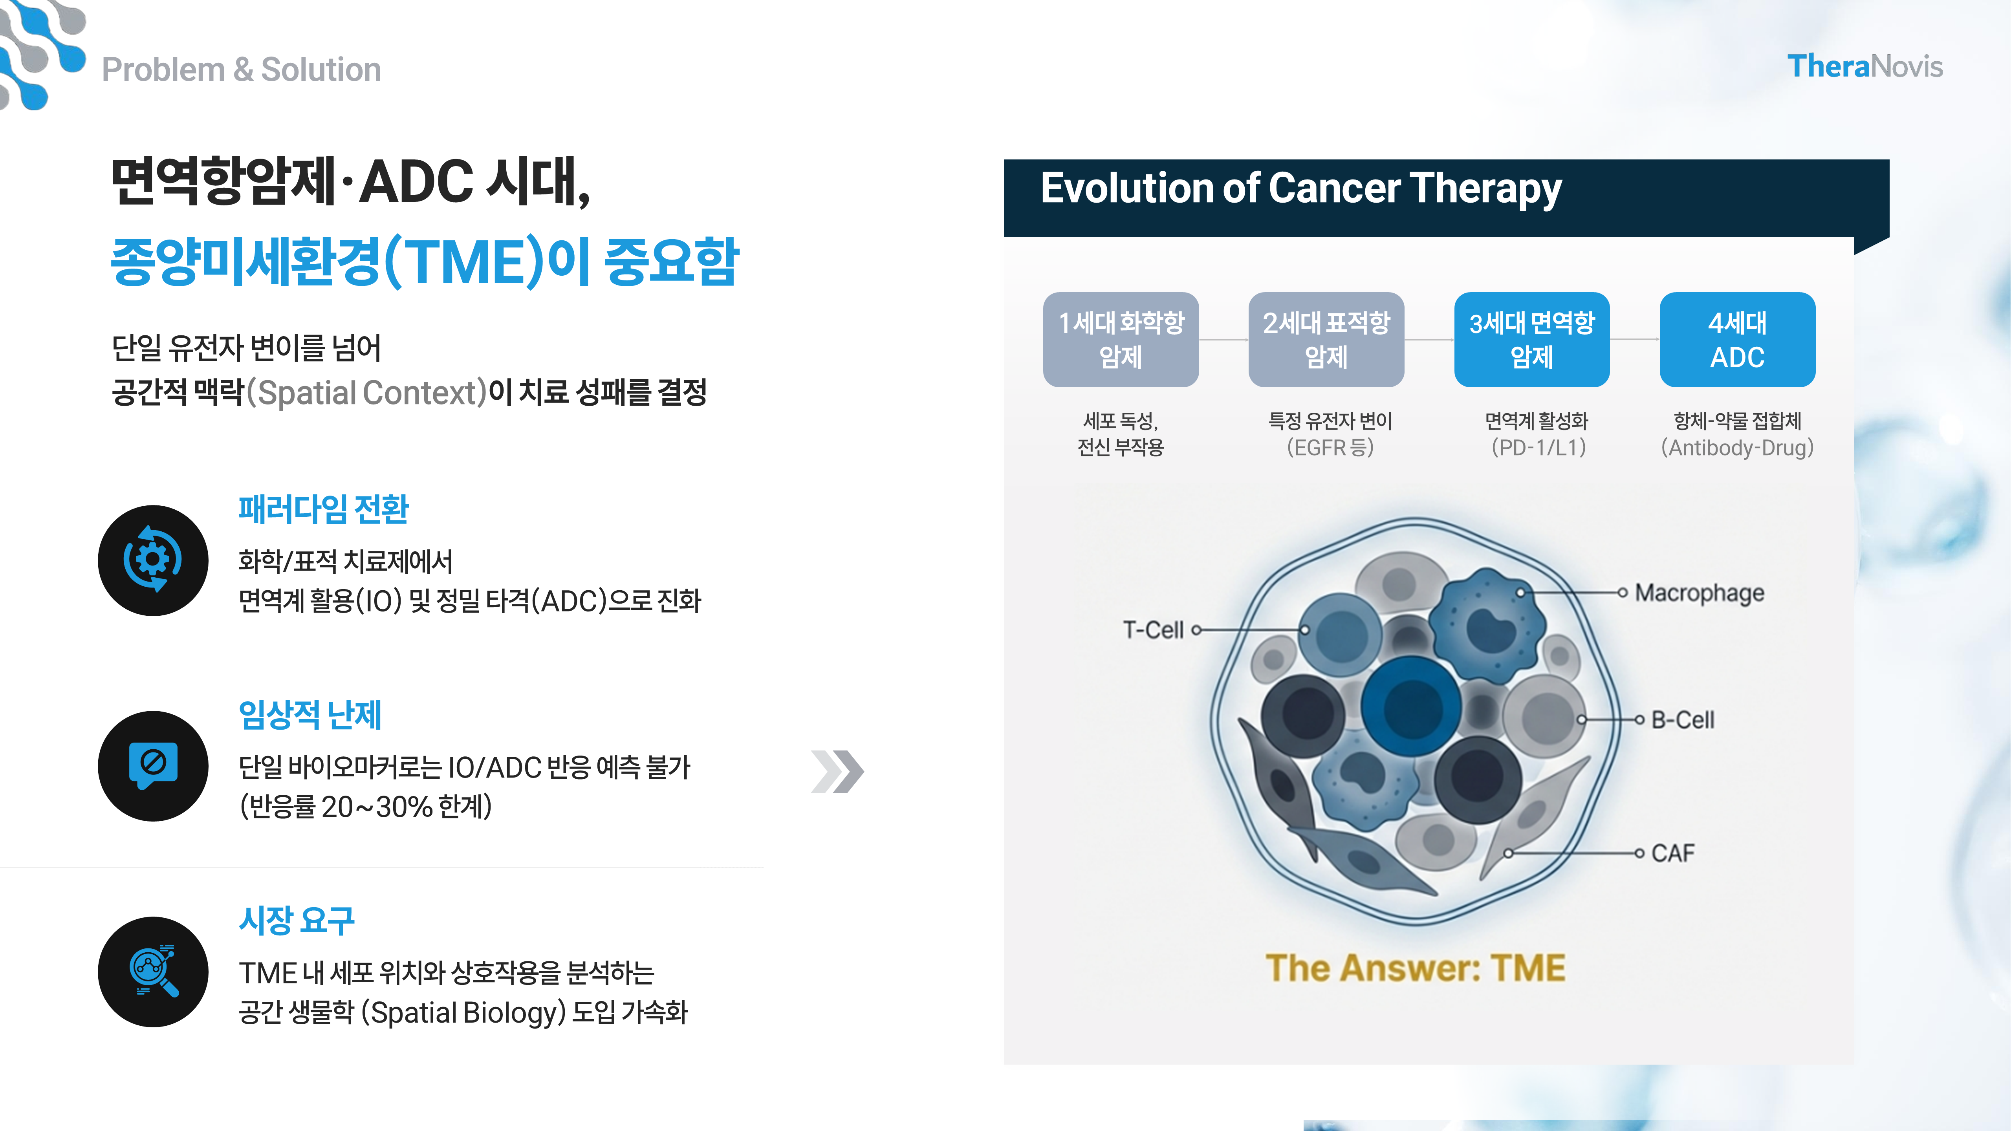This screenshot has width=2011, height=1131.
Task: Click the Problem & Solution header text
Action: click(241, 70)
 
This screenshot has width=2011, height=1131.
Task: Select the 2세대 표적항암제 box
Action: click(1326, 340)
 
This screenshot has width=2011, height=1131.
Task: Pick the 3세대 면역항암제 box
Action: click(1532, 340)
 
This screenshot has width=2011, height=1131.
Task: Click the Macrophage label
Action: click(1700, 593)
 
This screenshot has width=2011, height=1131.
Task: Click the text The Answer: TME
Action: click(1415, 968)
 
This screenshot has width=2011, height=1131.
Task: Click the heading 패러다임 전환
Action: click(323, 509)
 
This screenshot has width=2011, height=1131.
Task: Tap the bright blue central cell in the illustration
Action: click(1412, 706)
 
